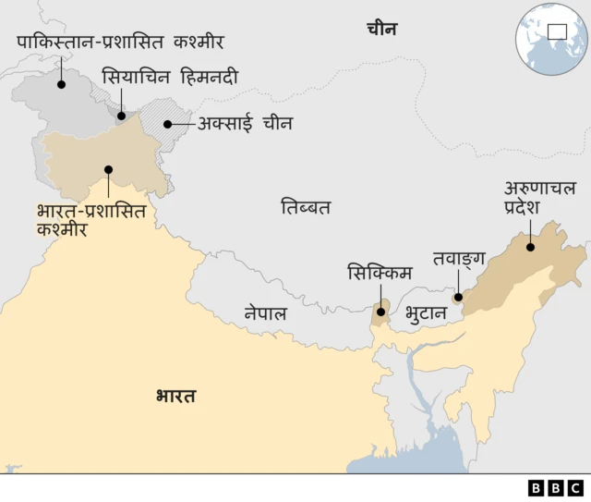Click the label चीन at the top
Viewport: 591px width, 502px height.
click(x=380, y=29)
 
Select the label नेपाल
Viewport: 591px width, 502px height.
click(x=265, y=313)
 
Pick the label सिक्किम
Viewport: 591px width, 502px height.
click(x=380, y=273)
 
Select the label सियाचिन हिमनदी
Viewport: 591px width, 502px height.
click(x=169, y=77)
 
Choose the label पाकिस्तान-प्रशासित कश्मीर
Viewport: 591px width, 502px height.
click(x=120, y=42)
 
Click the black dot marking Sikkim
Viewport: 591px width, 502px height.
click(x=380, y=312)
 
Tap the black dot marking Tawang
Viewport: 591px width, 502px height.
click(x=457, y=297)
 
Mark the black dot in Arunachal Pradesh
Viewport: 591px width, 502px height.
click(x=530, y=246)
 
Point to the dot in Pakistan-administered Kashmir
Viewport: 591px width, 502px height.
click(x=61, y=84)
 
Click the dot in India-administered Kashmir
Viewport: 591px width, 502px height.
click(x=108, y=169)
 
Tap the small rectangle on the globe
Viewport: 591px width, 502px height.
click(x=558, y=32)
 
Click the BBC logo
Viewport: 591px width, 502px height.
click(x=556, y=487)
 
